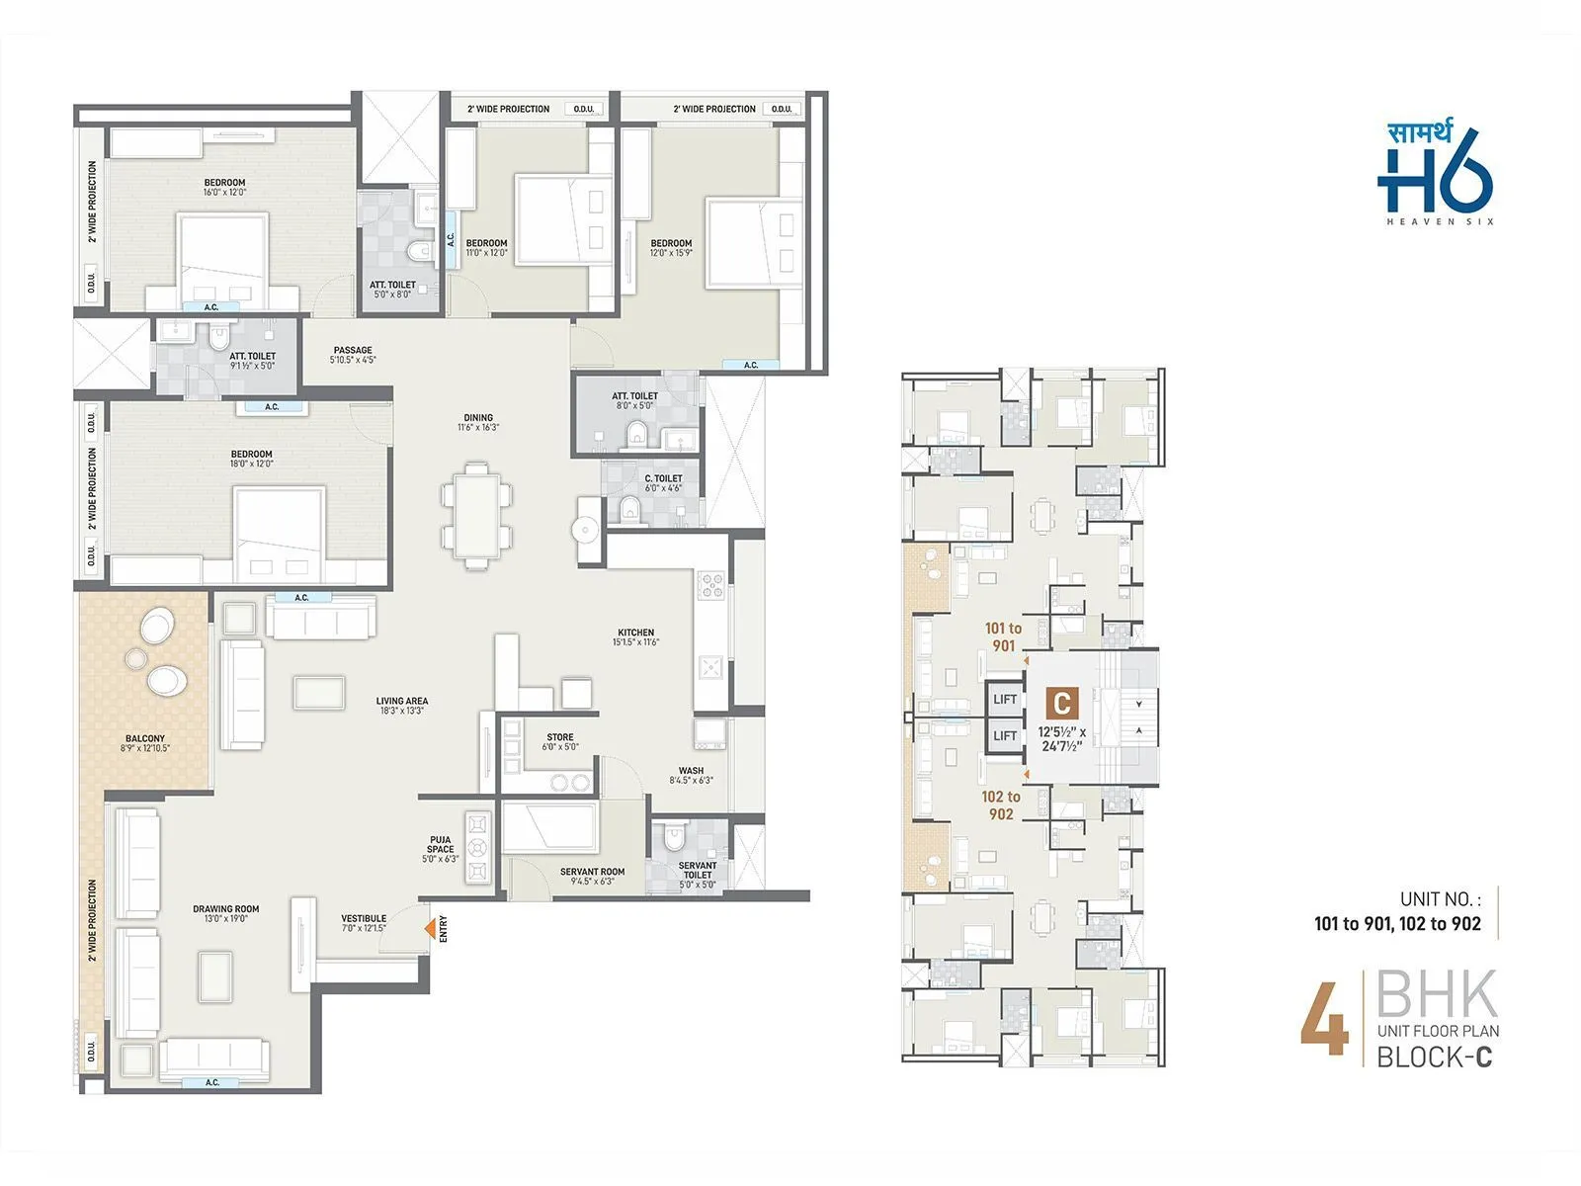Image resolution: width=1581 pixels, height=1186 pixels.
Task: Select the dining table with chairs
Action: [477, 515]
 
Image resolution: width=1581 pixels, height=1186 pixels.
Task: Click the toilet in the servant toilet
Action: [675, 838]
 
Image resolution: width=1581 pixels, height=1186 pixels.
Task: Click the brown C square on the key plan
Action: [1061, 704]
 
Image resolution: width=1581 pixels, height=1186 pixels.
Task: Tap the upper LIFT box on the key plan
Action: [1005, 699]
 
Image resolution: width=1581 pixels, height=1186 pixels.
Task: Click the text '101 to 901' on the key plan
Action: [1003, 636]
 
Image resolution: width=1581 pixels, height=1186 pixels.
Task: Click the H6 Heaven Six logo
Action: [1436, 173]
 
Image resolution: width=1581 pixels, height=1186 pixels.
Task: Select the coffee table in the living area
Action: [319, 692]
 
